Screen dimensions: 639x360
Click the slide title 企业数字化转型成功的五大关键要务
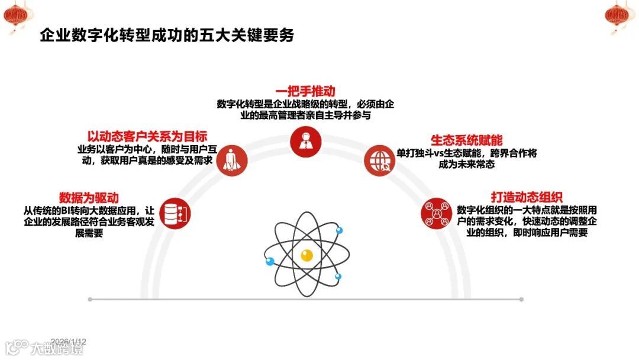click(166, 36)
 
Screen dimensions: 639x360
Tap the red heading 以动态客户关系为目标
click(147, 136)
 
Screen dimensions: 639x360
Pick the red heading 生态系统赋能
click(466, 140)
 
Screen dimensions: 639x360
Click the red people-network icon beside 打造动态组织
click(436, 212)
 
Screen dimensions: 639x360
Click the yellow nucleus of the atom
click(306, 256)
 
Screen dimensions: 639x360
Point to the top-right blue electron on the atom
click(340, 230)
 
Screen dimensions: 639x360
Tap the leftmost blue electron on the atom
click(270, 262)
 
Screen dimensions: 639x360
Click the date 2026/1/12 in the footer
click(69, 342)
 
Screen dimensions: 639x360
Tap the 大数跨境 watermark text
click(57, 348)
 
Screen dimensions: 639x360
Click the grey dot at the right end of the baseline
click(521, 300)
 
